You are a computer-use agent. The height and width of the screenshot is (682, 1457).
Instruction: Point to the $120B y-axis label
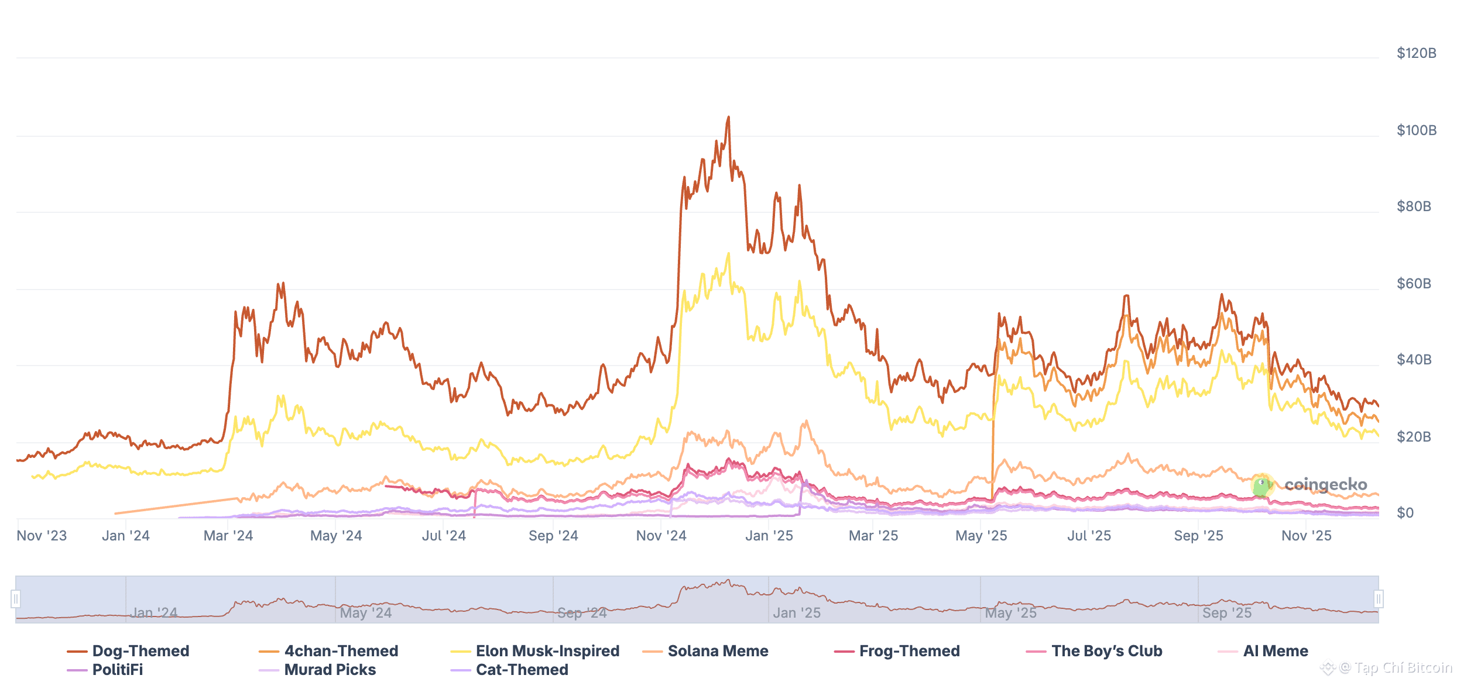tap(1416, 53)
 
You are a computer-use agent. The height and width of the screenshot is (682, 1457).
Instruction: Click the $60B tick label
tap(1414, 284)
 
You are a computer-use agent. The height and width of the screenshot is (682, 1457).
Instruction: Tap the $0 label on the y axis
tap(1405, 513)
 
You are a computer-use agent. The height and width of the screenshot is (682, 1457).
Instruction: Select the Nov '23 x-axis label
tap(42, 536)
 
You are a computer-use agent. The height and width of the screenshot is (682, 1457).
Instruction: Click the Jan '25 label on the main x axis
tap(769, 536)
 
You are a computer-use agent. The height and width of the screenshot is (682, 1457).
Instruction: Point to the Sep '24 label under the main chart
tap(553, 536)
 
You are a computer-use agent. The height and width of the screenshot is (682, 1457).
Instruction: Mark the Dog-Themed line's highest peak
tap(729, 117)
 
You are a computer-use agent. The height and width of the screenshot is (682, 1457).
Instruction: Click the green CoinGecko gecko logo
tap(1262, 485)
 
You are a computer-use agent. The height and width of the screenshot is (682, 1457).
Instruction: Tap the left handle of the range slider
tap(16, 599)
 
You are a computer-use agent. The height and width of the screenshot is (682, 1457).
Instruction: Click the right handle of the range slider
tap(1379, 599)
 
